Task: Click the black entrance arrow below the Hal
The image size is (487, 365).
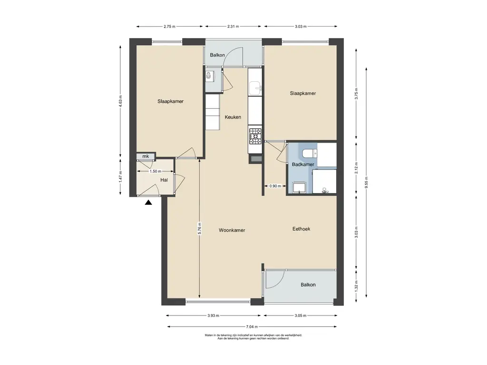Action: click(148, 202)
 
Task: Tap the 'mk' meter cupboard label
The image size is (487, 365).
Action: click(146, 156)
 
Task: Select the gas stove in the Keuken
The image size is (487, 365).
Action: click(255, 136)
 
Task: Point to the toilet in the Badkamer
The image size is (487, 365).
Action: click(309, 154)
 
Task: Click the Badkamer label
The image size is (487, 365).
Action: click(303, 164)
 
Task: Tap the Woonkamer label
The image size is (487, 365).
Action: click(232, 231)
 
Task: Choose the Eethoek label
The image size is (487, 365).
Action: click(301, 229)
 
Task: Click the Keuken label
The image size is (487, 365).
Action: click(233, 117)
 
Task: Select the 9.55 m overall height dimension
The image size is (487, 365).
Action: click(367, 182)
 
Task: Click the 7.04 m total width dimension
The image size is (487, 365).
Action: click(252, 327)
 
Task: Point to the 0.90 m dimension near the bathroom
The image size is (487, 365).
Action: click(275, 186)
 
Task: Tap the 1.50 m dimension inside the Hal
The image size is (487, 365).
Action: click(156, 171)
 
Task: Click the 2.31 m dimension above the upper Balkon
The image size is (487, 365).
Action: click(233, 27)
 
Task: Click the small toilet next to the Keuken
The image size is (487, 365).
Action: click(209, 75)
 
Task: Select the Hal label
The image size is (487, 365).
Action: click(164, 180)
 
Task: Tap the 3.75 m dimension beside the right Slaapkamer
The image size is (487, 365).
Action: click(356, 94)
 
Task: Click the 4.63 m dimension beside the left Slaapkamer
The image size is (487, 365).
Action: click(120, 101)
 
